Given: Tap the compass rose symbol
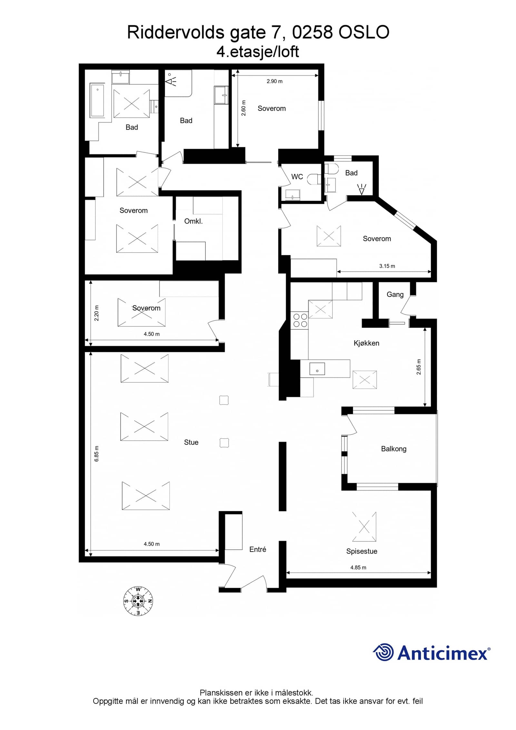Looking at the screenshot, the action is (138, 601).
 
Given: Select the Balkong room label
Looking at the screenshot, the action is (393, 449).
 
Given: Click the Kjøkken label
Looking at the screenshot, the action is (366, 343).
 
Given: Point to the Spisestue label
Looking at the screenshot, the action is (362, 551).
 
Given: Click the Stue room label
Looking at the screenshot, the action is (191, 442).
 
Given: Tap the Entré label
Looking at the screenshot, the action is (258, 549).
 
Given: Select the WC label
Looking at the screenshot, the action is (297, 176).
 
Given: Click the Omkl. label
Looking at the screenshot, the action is (193, 221).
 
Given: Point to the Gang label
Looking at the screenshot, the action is (395, 295).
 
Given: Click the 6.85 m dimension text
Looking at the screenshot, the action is (96, 454).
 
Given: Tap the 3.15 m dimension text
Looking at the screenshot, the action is (387, 266).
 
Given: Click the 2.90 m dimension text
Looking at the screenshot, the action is (274, 81).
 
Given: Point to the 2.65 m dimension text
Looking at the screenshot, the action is (419, 367).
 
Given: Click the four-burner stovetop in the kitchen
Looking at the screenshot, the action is (300, 320).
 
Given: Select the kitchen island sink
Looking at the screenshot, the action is (317, 369).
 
